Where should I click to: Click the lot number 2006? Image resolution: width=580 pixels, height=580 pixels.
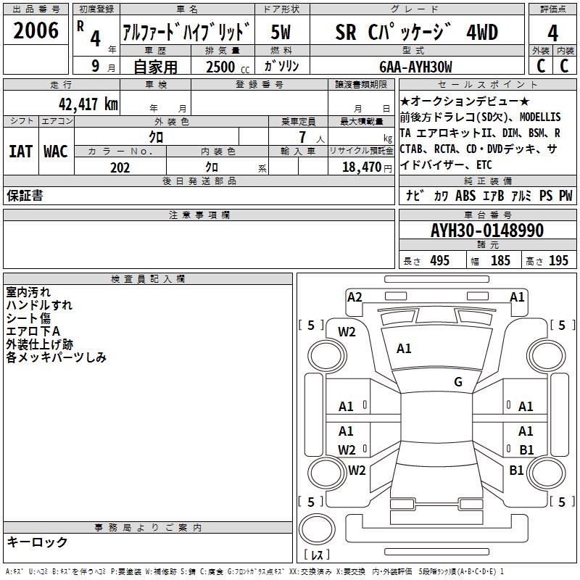36,31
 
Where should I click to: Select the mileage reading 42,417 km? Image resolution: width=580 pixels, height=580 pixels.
75,104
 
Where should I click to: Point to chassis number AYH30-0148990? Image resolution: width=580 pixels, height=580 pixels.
487,230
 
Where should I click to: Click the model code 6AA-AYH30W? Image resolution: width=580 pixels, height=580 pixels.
416,67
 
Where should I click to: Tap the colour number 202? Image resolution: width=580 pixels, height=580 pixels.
120,167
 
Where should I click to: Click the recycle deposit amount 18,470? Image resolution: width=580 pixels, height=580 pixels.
360,167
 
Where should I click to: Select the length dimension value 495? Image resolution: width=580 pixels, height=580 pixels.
439,260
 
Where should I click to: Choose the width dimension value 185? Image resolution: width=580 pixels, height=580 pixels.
500,260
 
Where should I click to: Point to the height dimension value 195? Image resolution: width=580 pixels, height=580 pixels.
558,260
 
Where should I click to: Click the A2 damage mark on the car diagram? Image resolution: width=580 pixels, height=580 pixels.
355,297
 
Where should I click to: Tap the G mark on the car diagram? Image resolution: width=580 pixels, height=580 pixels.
458,382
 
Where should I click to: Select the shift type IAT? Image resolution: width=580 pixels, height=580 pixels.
20,151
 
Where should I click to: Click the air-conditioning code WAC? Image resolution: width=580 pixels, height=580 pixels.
56,151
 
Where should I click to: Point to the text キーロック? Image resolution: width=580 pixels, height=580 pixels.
37,542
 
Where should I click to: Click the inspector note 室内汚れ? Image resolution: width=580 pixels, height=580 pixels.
28,292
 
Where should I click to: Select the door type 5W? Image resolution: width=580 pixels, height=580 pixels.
281,33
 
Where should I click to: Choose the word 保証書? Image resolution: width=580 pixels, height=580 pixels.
25,195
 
